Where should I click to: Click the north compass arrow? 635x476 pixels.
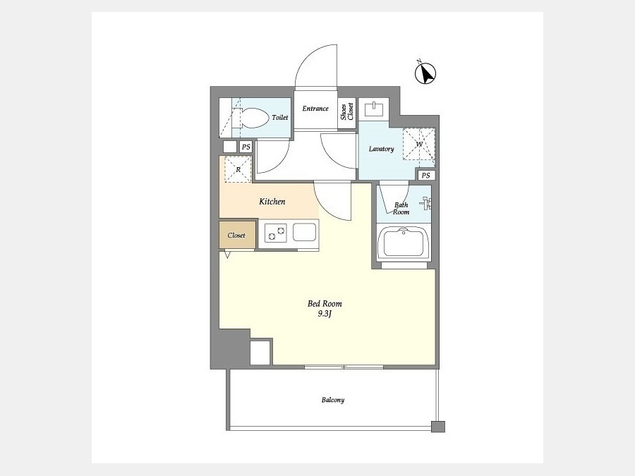425,73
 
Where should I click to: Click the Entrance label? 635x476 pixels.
315,109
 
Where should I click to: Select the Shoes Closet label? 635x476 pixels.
347,111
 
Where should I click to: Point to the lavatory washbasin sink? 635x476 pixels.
374,109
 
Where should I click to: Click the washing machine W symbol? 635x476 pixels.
418,145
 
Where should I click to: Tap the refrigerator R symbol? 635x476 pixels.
238,169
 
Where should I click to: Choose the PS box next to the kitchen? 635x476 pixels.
246,147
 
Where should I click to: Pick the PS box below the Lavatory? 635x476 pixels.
425,176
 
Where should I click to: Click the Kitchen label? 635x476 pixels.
272,201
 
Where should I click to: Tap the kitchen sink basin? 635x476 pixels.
305,232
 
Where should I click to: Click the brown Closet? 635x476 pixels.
237,235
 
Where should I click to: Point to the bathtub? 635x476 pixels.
403,244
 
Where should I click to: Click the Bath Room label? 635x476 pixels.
401,208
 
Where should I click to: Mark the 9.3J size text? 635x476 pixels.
325,314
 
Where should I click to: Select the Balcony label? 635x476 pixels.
333,400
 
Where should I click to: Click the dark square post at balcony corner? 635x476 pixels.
438,427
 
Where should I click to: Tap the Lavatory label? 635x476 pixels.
381,149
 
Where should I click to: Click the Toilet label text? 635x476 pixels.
280,117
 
